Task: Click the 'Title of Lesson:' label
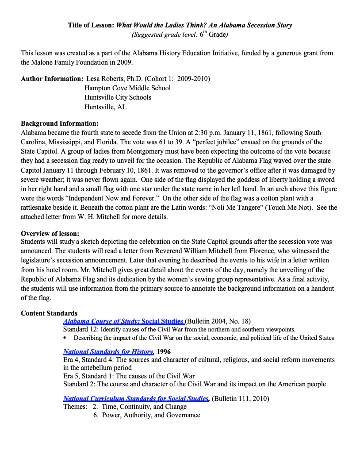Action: pyautogui.click(x=91, y=25)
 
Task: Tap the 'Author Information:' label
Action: pyautogui.click(x=52, y=79)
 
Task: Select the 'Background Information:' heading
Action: pyautogui.click(x=60, y=123)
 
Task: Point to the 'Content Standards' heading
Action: pyautogui.click(x=49, y=313)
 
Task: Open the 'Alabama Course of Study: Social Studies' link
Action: pyautogui.click(x=123, y=321)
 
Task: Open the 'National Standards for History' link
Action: pyautogui.click(x=108, y=352)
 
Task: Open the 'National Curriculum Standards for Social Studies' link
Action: pyautogui.click(x=136, y=398)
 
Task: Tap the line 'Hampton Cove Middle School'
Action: pyautogui.click(x=127, y=88)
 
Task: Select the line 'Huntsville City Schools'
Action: pyautogui.click(x=118, y=97)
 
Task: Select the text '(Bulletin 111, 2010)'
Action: pyautogui.click(x=241, y=398)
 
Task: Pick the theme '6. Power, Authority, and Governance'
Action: pyautogui.click(x=146, y=415)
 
